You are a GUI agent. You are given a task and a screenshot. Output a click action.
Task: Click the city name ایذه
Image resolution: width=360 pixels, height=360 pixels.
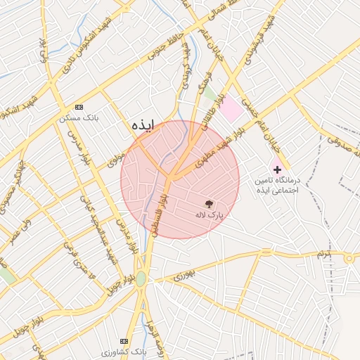(142, 124)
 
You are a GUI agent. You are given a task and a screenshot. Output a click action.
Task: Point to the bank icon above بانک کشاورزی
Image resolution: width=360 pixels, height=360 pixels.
(125, 340)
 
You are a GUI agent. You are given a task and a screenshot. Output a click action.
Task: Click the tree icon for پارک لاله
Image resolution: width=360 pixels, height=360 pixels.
(208, 204)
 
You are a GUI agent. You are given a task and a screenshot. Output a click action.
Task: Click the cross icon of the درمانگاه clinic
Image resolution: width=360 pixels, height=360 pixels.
(277, 169)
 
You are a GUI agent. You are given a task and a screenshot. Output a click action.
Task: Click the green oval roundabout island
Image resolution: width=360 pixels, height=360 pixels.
(141, 278)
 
